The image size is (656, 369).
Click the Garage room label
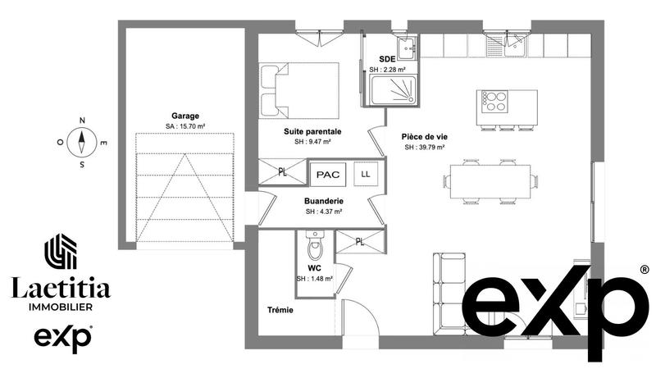(184, 116)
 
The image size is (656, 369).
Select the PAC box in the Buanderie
(327, 175)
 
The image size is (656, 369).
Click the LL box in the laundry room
(365, 174)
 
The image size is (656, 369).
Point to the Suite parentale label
(312, 131)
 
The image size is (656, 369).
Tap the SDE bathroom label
(386, 59)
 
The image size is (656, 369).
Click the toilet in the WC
(314, 244)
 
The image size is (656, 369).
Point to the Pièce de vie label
(424, 137)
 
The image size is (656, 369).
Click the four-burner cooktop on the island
(494, 102)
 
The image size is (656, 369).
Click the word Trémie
(280, 310)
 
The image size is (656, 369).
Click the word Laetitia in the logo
(60, 287)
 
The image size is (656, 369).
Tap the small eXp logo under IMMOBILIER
(61, 337)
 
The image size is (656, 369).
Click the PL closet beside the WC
(360, 242)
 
